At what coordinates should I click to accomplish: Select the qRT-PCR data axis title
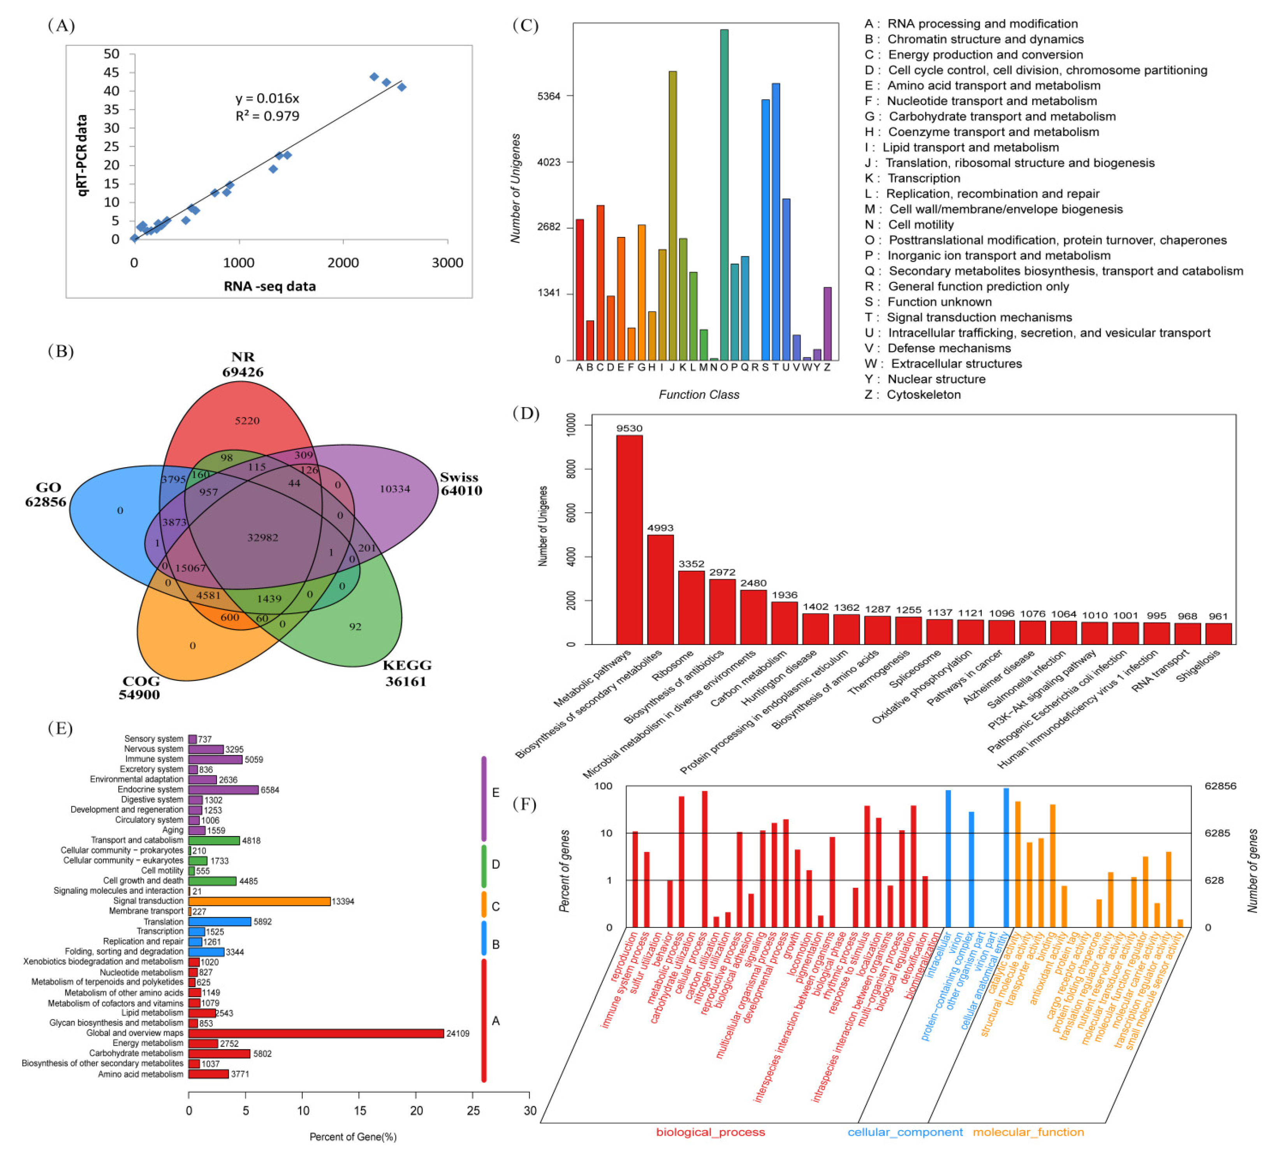82,155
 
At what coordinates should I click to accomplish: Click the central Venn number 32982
263,537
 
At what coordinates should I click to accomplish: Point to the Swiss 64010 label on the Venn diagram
461,484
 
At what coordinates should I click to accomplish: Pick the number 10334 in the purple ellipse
395,489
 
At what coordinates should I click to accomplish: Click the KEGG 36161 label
406,673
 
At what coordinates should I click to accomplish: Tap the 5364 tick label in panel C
549,96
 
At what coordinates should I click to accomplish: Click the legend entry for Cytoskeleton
913,395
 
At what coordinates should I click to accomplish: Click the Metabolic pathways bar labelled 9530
630,540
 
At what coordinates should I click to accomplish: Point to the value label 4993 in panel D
660,528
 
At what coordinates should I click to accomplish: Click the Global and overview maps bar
316,1033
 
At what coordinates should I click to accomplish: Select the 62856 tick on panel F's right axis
1220,786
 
